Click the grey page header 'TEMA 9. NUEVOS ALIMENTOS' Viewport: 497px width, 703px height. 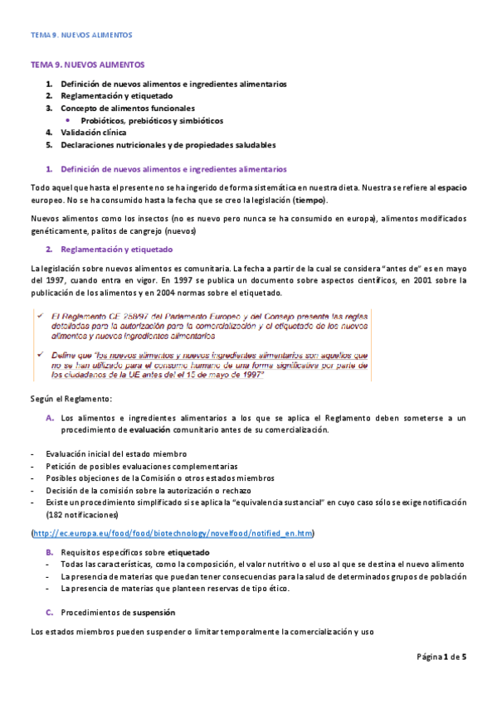(x=80, y=36)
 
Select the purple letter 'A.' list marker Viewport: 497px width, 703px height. (x=50, y=418)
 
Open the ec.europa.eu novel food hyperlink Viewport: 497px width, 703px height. (x=173, y=532)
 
